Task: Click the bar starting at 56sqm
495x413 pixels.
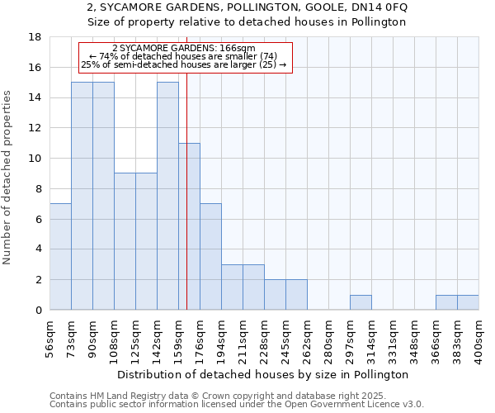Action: [60, 257]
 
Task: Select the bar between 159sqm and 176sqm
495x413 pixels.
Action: [189, 226]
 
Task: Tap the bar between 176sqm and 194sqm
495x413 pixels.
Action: [210, 257]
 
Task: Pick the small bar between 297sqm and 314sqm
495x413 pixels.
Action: [361, 302]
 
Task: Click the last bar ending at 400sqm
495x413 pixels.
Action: [468, 302]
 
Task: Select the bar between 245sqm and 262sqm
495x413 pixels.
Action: [296, 295]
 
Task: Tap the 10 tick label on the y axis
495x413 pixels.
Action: [35, 159]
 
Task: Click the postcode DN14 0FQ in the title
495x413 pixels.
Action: [380, 7]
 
